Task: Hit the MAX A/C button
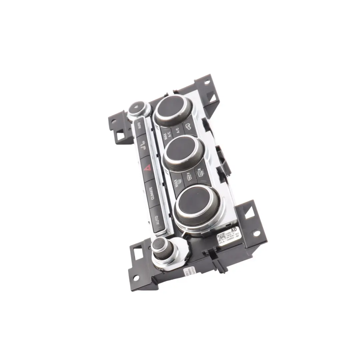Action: (x=165, y=136)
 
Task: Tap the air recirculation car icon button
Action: (x=187, y=126)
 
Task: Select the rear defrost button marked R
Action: (x=201, y=173)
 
